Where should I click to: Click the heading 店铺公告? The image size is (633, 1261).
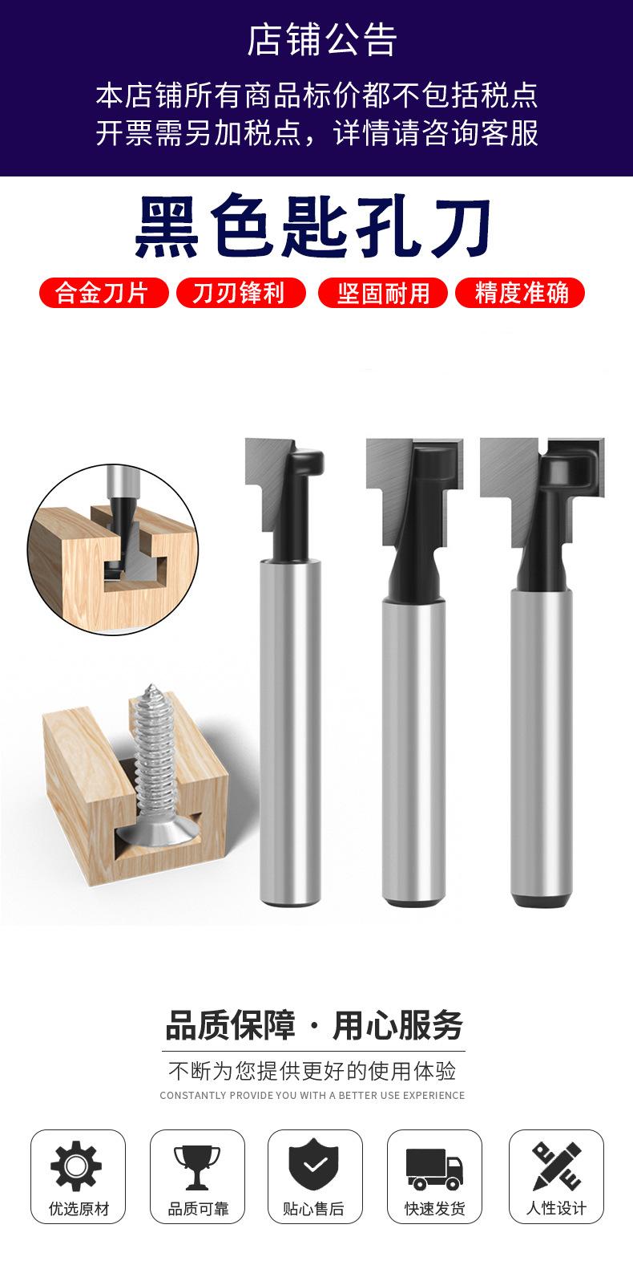(x=322, y=39)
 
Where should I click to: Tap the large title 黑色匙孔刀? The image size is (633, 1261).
(x=313, y=227)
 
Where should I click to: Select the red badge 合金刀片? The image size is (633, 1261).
(x=103, y=293)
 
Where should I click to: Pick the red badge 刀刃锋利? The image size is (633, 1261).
(x=240, y=293)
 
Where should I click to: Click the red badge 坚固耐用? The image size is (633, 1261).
(x=383, y=293)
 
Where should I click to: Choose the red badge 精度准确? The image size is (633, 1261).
(x=520, y=293)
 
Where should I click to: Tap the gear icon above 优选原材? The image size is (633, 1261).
(x=76, y=1166)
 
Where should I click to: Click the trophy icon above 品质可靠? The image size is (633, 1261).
(x=197, y=1167)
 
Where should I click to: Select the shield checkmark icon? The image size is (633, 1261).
(x=315, y=1165)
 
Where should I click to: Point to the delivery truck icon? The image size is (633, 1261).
(x=434, y=1169)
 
